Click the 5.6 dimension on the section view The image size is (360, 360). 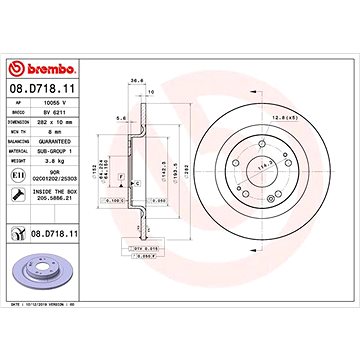pos(120,118)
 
